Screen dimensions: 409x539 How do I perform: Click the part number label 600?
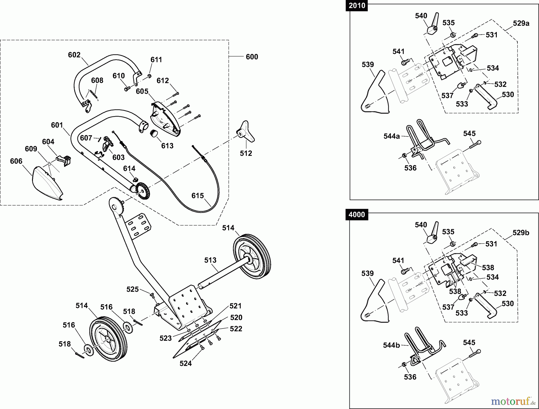(x=252, y=57)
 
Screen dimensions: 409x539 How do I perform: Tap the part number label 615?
(x=198, y=196)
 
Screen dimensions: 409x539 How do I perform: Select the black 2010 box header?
(x=357, y=6)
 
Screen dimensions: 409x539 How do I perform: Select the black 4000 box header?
(x=357, y=215)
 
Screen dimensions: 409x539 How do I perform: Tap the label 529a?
(x=521, y=23)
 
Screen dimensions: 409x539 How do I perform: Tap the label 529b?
(x=521, y=233)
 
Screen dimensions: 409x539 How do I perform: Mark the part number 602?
(x=74, y=55)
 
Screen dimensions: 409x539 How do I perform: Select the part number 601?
(x=57, y=125)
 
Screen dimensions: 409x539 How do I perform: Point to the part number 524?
(x=186, y=363)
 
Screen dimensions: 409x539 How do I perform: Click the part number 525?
(x=133, y=289)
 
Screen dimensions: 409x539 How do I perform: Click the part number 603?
(x=118, y=157)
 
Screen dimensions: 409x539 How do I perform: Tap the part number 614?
(x=129, y=168)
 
